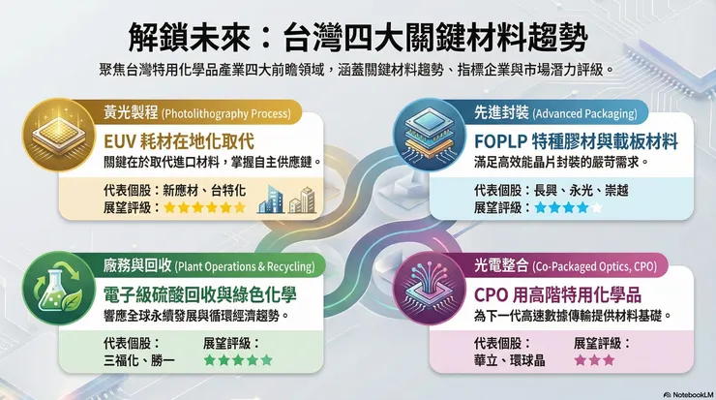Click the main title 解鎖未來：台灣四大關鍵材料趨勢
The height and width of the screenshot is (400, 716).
click(357, 39)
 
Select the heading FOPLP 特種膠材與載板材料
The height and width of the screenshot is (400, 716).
click(569, 139)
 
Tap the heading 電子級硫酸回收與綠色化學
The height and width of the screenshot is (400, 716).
click(209, 293)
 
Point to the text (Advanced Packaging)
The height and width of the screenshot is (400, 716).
click(584, 113)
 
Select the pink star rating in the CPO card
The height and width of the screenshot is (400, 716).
click(594, 360)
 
